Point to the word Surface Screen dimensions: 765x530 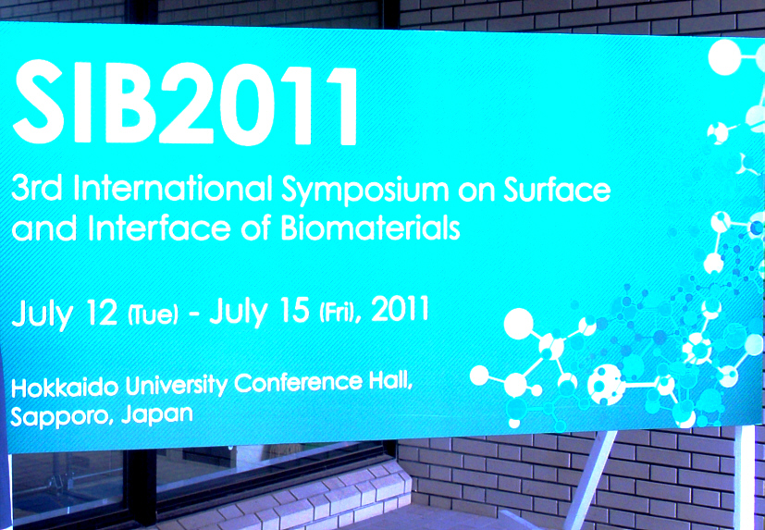557,189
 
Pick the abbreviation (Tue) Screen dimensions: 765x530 153,314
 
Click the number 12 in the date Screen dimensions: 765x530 102,313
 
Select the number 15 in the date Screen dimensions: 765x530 293,310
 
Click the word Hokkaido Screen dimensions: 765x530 65,388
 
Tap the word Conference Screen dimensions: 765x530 299,383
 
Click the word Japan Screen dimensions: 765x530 157,415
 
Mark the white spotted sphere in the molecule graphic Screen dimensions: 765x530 606,385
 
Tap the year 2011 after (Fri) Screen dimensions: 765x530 400,308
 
